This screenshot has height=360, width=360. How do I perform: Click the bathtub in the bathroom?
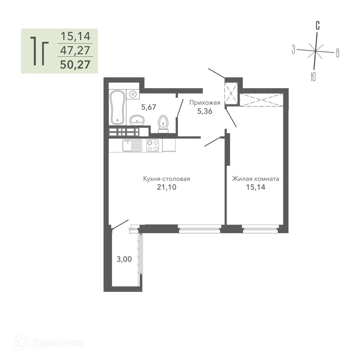coord(117,107)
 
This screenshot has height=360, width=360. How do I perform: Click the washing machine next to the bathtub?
coord(132,94)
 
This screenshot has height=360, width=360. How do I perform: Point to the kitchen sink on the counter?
coord(132,146)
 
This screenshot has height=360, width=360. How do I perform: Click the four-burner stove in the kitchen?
coord(152,146)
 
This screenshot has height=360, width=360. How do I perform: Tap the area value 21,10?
coord(166,187)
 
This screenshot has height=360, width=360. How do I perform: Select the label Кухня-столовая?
coord(166,179)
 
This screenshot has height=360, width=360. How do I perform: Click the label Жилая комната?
coord(255,179)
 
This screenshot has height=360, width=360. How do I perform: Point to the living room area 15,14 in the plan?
coord(255,187)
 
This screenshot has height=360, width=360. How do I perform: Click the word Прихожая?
coord(205,103)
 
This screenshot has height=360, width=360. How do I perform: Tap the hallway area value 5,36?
coord(205,111)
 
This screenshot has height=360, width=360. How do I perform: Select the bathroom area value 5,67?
coord(148,107)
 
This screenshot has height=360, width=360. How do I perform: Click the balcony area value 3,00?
coord(124,259)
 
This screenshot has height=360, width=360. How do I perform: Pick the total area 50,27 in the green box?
coord(75,64)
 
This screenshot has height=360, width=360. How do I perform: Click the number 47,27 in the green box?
coord(75,50)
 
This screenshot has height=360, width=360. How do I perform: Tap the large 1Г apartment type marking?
coord(38,51)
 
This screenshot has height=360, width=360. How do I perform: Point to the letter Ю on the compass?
coord(313,77)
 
